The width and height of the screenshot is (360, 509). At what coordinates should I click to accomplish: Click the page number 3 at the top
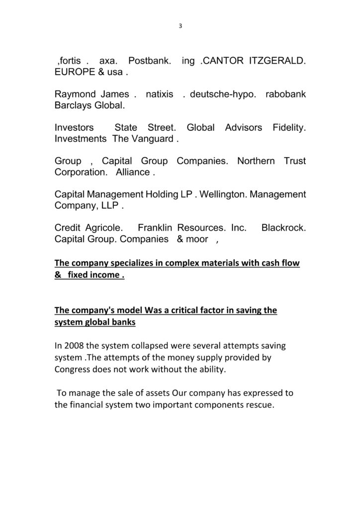(180, 26)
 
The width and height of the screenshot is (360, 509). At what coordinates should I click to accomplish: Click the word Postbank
(150, 61)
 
